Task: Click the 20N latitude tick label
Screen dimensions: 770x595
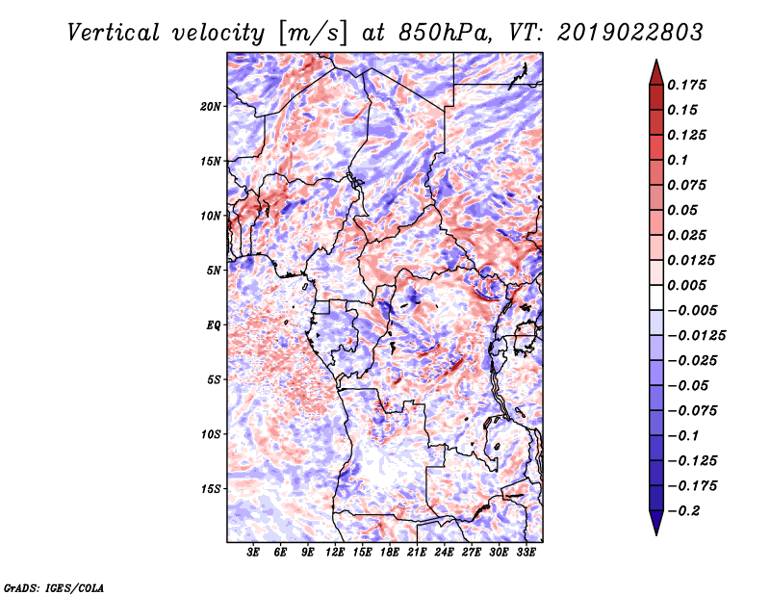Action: (211, 107)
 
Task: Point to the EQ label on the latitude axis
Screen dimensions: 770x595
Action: (213, 325)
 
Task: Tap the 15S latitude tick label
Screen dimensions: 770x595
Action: (211, 489)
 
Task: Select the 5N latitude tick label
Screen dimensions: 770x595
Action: (214, 271)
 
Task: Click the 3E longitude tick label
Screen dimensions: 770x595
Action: (253, 553)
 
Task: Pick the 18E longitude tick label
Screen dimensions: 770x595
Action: (389, 553)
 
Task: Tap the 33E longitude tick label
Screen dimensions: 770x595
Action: (526, 553)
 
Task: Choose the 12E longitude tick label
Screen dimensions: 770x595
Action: (334, 553)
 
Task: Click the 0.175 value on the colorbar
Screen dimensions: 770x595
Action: (686, 85)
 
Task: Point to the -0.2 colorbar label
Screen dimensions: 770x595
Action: (683, 511)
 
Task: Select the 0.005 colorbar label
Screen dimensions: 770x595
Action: (686, 285)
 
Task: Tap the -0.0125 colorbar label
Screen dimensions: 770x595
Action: (697, 336)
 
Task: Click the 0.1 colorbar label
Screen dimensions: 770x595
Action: (679, 160)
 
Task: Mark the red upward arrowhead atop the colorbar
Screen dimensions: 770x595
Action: (656, 72)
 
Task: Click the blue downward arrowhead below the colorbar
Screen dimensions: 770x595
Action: (656, 523)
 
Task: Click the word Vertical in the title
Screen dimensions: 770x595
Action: (113, 33)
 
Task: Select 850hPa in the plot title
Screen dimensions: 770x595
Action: (445, 33)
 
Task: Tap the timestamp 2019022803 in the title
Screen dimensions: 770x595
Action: (630, 33)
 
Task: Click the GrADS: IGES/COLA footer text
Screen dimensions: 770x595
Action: (54, 588)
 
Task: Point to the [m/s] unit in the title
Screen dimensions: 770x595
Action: (313, 34)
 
